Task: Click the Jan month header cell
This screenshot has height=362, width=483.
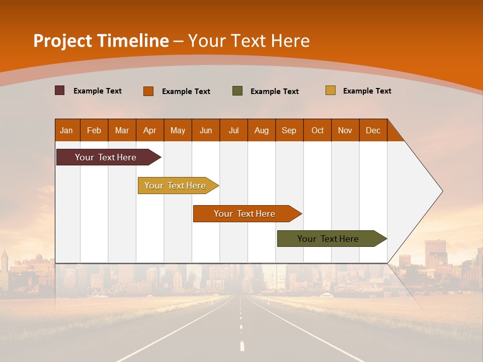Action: click(x=67, y=130)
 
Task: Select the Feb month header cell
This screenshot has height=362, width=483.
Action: click(x=94, y=130)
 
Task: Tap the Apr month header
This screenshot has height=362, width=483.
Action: click(x=150, y=130)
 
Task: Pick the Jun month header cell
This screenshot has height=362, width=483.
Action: click(x=206, y=130)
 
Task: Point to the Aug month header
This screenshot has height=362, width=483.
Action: click(x=262, y=130)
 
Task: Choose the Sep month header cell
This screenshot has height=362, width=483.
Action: click(x=289, y=130)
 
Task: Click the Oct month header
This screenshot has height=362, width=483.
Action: click(x=317, y=130)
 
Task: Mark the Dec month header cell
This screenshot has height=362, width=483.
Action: click(x=373, y=130)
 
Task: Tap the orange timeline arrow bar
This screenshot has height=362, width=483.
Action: click(x=245, y=214)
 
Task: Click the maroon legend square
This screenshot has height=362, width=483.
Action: click(x=60, y=90)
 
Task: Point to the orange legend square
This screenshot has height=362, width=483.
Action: click(x=148, y=91)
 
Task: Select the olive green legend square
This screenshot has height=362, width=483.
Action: click(x=237, y=91)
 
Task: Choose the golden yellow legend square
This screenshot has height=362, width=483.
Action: click(x=331, y=90)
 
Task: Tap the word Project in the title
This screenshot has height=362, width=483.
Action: click(x=63, y=41)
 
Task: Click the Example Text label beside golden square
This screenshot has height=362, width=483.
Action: click(x=367, y=91)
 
